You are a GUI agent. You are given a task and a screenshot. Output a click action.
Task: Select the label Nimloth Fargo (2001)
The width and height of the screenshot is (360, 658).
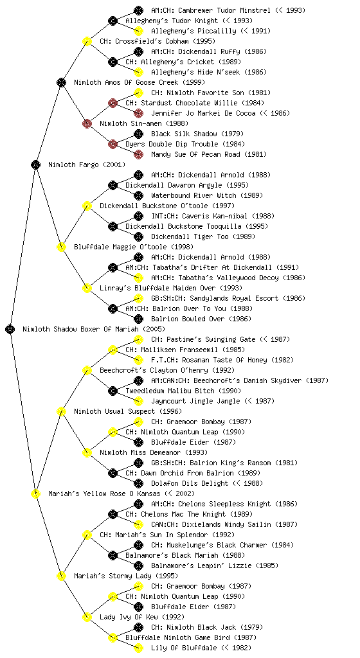(86, 164)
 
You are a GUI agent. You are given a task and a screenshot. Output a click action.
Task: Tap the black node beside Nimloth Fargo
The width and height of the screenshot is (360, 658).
(35, 164)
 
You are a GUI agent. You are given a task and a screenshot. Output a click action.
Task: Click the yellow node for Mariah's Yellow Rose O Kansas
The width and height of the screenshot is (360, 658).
(35, 493)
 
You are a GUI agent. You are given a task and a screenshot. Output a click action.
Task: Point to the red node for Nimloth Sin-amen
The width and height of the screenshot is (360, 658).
(87, 123)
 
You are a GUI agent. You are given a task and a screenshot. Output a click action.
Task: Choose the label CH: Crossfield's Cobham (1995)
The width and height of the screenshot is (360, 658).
(157, 41)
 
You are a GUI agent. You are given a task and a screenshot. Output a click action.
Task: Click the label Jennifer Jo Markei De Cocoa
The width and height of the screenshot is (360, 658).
(203, 113)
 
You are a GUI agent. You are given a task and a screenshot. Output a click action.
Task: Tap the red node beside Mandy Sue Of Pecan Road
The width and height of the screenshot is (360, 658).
(138, 154)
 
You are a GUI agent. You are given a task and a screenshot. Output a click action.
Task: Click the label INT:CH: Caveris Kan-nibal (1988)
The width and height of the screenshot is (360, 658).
(213, 216)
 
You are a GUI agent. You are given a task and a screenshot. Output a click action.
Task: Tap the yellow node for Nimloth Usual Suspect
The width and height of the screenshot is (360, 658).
(61, 411)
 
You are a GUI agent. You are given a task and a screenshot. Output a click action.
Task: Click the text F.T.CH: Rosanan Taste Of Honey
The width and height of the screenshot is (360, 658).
(209, 360)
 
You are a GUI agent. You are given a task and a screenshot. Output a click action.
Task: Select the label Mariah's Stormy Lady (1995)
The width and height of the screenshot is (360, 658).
(126, 576)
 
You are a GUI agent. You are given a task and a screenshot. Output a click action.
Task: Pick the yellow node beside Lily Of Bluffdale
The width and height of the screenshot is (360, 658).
(138, 648)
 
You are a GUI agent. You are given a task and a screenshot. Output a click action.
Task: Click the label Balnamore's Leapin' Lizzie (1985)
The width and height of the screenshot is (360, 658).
(215, 565)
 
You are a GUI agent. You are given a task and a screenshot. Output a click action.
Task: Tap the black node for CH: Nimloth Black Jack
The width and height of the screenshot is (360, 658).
(138, 627)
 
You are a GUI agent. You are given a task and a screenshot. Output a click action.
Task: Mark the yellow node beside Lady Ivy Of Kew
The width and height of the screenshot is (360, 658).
(87, 617)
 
